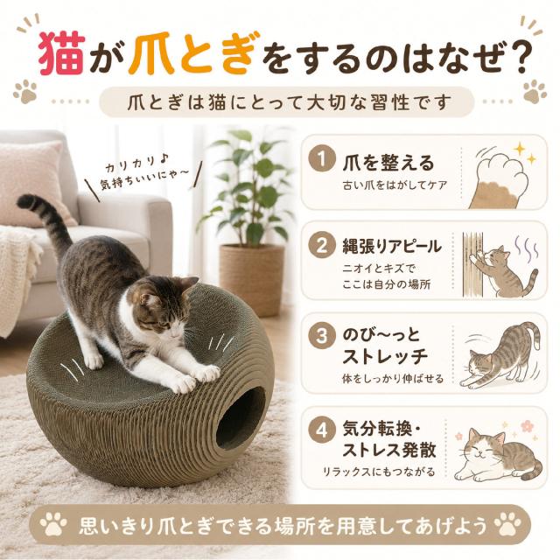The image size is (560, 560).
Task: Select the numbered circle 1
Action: pos(322,159)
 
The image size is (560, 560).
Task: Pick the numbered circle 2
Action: pos(322,246)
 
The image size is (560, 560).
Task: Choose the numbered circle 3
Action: pos(322,336)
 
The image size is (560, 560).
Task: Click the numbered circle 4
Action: pos(322,430)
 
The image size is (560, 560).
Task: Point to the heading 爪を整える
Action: pos(388,163)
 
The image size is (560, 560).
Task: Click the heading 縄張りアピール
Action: pos(392,247)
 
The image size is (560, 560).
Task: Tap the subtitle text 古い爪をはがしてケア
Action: pos(395,185)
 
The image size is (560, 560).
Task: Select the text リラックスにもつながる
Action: pos(379,472)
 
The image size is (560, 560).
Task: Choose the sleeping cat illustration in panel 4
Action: pos(499,453)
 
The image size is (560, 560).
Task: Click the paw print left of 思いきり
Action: pos(53,524)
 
